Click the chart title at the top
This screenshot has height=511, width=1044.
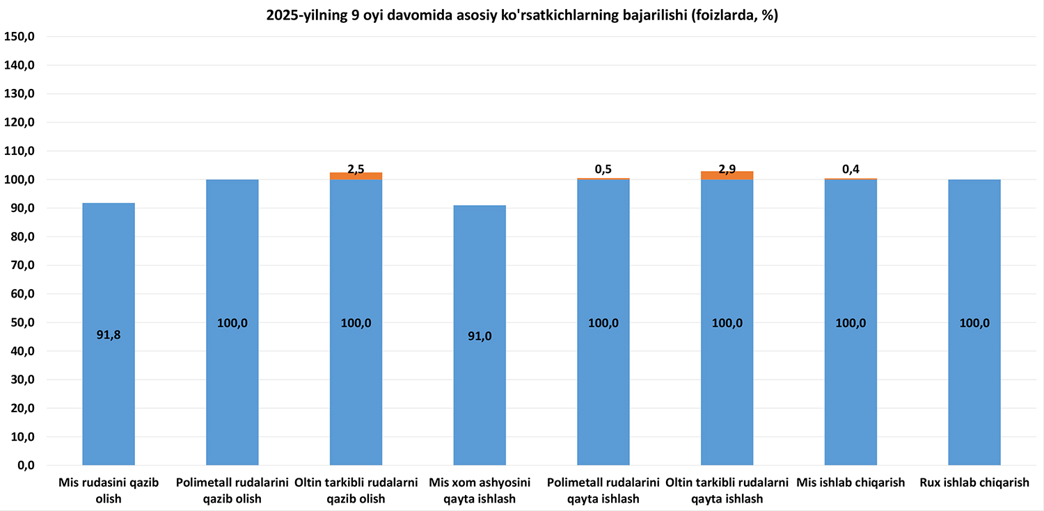click(522, 16)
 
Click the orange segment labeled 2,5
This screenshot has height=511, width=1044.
click(356, 176)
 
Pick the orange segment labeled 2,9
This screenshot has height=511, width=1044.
click(727, 175)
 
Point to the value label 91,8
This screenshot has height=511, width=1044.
click(109, 335)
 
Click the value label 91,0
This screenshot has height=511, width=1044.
click(480, 336)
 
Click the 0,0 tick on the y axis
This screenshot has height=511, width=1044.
click(24, 466)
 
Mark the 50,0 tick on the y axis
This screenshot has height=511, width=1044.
click(22, 323)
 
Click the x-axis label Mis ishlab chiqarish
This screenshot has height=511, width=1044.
click(851, 482)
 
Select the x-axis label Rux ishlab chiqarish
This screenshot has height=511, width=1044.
click(974, 482)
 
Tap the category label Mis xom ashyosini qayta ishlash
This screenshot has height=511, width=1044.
click(480, 490)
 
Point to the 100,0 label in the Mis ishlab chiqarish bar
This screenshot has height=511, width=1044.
click(851, 323)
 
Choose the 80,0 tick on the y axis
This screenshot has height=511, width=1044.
click(22, 237)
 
